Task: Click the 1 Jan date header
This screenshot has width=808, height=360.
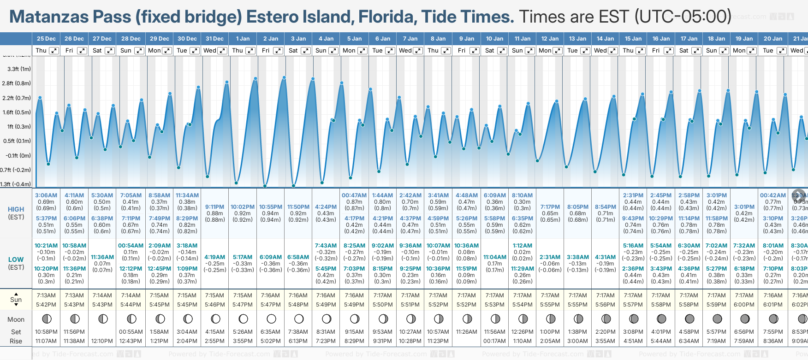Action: (243, 39)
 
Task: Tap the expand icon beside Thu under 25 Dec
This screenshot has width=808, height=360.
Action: (54, 51)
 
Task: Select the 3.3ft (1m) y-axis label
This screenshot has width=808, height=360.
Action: (19, 69)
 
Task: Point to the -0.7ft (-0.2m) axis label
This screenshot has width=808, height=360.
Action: (16, 170)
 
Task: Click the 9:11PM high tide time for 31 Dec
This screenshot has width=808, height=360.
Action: (215, 207)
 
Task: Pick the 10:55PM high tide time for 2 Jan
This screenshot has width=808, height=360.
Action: (271, 207)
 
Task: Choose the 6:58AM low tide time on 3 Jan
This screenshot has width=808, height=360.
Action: (298, 257)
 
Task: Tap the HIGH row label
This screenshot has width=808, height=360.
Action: (16, 209)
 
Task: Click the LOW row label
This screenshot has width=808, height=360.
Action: (16, 260)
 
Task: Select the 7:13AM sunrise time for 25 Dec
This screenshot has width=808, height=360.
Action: (46, 295)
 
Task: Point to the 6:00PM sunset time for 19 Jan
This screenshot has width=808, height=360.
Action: (744, 305)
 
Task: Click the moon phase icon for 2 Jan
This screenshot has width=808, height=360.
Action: (271, 319)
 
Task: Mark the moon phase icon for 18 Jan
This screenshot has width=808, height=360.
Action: (717, 319)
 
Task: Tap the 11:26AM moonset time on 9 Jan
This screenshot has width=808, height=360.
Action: (466, 332)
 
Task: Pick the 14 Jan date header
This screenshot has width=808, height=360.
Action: (605, 39)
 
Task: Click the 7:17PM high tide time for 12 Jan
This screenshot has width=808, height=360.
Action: (550, 207)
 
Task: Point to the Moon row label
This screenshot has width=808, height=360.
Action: (16, 319)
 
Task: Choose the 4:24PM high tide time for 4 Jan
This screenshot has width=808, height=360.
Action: (326, 207)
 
